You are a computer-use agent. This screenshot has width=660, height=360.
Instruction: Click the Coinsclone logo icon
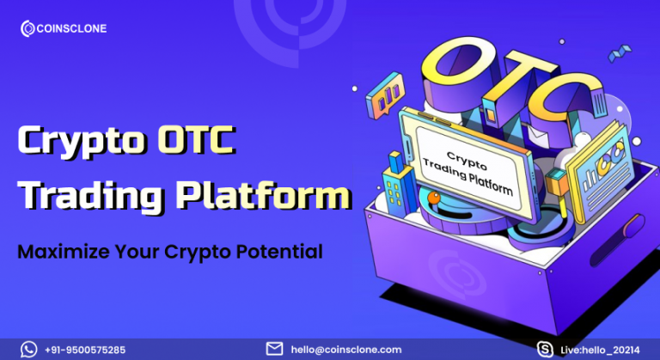pyautogui.click(x=27, y=28)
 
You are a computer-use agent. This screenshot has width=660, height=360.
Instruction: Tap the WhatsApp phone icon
pyautogui.click(x=28, y=349)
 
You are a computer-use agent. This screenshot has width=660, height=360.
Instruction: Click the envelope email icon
pyautogui.click(x=274, y=349)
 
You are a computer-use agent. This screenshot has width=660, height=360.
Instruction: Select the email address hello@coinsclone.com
pyautogui.click(x=345, y=350)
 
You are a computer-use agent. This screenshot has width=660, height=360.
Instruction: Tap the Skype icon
pyautogui.click(x=544, y=349)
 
